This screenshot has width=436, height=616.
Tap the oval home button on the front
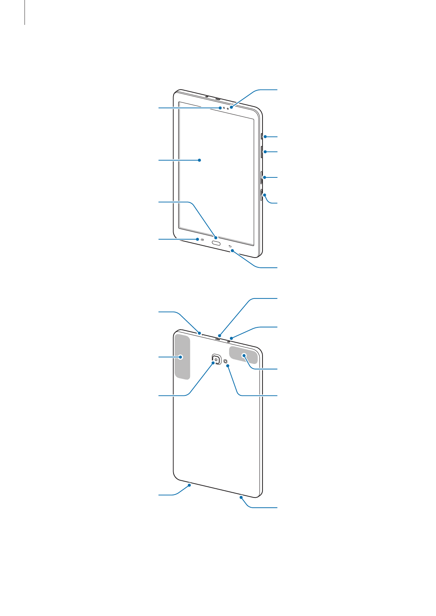[216, 243]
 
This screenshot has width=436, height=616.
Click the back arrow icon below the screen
[230, 246]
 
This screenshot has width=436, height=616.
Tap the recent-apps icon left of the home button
[202, 240]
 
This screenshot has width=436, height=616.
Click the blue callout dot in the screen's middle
[200, 160]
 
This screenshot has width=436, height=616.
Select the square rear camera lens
[216, 359]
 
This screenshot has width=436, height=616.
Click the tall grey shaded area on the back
[182, 357]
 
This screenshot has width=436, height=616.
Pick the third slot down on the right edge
[261, 177]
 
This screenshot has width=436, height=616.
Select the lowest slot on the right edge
[261, 195]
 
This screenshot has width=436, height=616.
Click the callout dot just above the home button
[216, 237]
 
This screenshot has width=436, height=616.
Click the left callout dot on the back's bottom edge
[190, 485]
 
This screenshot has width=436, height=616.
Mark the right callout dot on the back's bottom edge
[242, 497]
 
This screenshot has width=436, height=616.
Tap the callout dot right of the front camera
[231, 108]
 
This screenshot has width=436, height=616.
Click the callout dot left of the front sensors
[220, 108]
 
